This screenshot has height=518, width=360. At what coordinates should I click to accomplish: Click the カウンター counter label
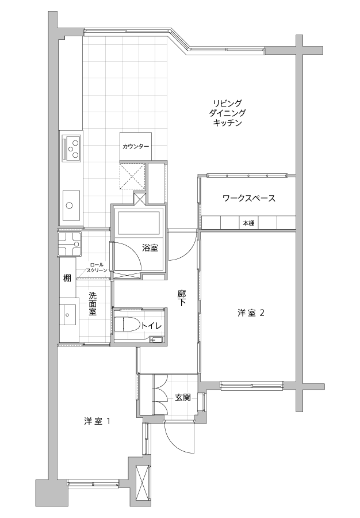tap(136, 147)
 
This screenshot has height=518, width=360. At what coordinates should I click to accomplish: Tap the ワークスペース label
tap(249, 198)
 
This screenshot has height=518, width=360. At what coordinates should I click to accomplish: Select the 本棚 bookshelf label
tap(248, 223)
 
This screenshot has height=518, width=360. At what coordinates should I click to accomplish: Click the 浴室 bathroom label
tap(150, 247)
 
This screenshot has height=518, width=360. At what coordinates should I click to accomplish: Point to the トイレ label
tap(151, 326)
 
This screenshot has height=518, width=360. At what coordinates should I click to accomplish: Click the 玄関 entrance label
tap(182, 398)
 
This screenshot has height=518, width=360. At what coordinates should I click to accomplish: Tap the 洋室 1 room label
tap(97, 421)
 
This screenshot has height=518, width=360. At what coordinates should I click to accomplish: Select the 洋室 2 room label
tap(251, 313)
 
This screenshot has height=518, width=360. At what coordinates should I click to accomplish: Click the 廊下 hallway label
tap(182, 298)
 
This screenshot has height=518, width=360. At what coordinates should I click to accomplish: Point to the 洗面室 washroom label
tap(93, 303)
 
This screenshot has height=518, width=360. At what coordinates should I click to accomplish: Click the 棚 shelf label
tap(67, 278)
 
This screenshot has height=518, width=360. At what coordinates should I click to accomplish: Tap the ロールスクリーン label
tap(97, 268)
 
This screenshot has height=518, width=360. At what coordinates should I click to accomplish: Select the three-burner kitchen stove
tap(72, 149)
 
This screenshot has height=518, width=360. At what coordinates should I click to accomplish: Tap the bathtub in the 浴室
tap(137, 223)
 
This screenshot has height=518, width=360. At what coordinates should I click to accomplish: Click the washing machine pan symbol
tap(70, 244)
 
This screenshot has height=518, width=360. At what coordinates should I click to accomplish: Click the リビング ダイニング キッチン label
tap(227, 113)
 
